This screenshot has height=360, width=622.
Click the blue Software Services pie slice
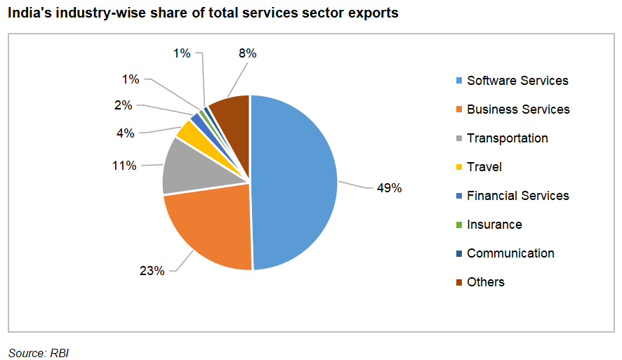pyautogui.click(x=295, y=182)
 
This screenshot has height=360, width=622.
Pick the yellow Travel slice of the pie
pyautogui.click(x=188, y=130)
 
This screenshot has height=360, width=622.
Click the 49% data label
pyautogui.click(x=389, y=188)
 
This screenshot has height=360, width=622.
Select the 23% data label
pyautogui.click(x=152, y=270)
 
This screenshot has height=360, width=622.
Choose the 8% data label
pyautogui.click(x=248, y=53)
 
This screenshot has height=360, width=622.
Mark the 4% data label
pyautogui.click(x=126, y=132)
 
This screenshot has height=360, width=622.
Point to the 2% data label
pyautogui.click(x=124, y=105)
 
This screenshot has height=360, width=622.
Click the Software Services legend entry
pyautogui.click(x=517, y=81)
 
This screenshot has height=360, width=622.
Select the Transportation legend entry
pyautogui.click(x=507, y=138)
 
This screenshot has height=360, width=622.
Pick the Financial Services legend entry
pyautogui.click(x=517, y=196)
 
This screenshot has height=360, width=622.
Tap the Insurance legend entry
pyautogui.click(x=494, y=225)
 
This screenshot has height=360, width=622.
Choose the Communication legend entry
pyautogui.click(x=510, y=253)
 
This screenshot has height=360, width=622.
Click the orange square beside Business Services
pyautogui.click(x=458, y=109)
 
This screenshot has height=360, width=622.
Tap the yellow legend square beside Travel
pyautogui.click(x=458, y=167)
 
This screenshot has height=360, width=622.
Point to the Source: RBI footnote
pyautogui.click(x=39, y=352)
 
